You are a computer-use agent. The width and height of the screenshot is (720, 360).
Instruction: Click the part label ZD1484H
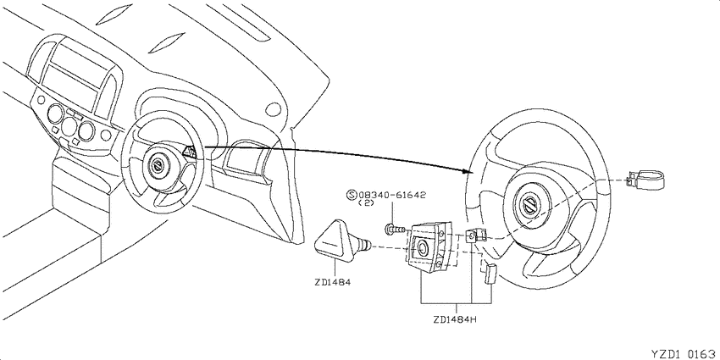(456, 318)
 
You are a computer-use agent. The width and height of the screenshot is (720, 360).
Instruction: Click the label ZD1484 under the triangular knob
(333, 282)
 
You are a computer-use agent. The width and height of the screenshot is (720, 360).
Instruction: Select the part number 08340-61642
(392, 195)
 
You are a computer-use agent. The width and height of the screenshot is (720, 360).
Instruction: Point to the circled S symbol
(352, 195)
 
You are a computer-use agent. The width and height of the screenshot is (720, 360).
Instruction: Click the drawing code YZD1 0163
(684, 354)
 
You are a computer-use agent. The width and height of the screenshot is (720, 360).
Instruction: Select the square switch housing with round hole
(428, 247)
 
